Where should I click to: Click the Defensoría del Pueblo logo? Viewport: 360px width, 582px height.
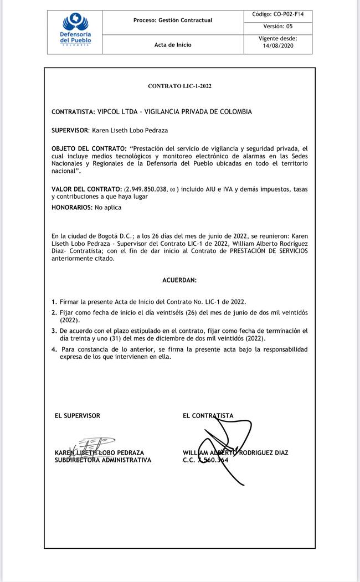(x=75, y=31)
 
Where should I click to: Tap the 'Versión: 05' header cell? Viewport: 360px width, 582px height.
(x=278, y=26)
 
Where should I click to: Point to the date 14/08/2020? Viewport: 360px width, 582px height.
(x=278, y=46)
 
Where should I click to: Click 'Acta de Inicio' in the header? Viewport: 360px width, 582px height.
(x=173, y=45)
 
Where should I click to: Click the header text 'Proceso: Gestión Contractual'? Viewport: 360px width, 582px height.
(x=173, y=20)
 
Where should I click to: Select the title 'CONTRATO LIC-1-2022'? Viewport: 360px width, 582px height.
(x=179, y=86)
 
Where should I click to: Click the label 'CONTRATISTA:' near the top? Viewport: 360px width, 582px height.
(x=73, y=112)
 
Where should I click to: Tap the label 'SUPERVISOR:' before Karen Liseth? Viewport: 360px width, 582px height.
(x=70, y=131)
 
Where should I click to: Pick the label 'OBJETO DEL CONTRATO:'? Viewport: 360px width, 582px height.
(x=89, y=149)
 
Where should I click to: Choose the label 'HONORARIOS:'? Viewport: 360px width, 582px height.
(x=72, y=208)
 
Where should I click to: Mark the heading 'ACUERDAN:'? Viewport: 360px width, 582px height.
(x=179, y=281)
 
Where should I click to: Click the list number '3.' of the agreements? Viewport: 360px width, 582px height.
(x=54, y=331)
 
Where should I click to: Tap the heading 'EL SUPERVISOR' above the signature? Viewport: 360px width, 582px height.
(x=78, y=415)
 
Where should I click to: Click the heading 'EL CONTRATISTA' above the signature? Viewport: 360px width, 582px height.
(x=208, y=415)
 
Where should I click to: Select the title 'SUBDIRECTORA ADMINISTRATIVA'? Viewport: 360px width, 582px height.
(x=102, y=460)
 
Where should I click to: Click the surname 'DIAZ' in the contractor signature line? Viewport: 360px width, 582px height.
(x=278, y=453)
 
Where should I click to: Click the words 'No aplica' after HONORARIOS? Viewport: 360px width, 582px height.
(x=108, y=208)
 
